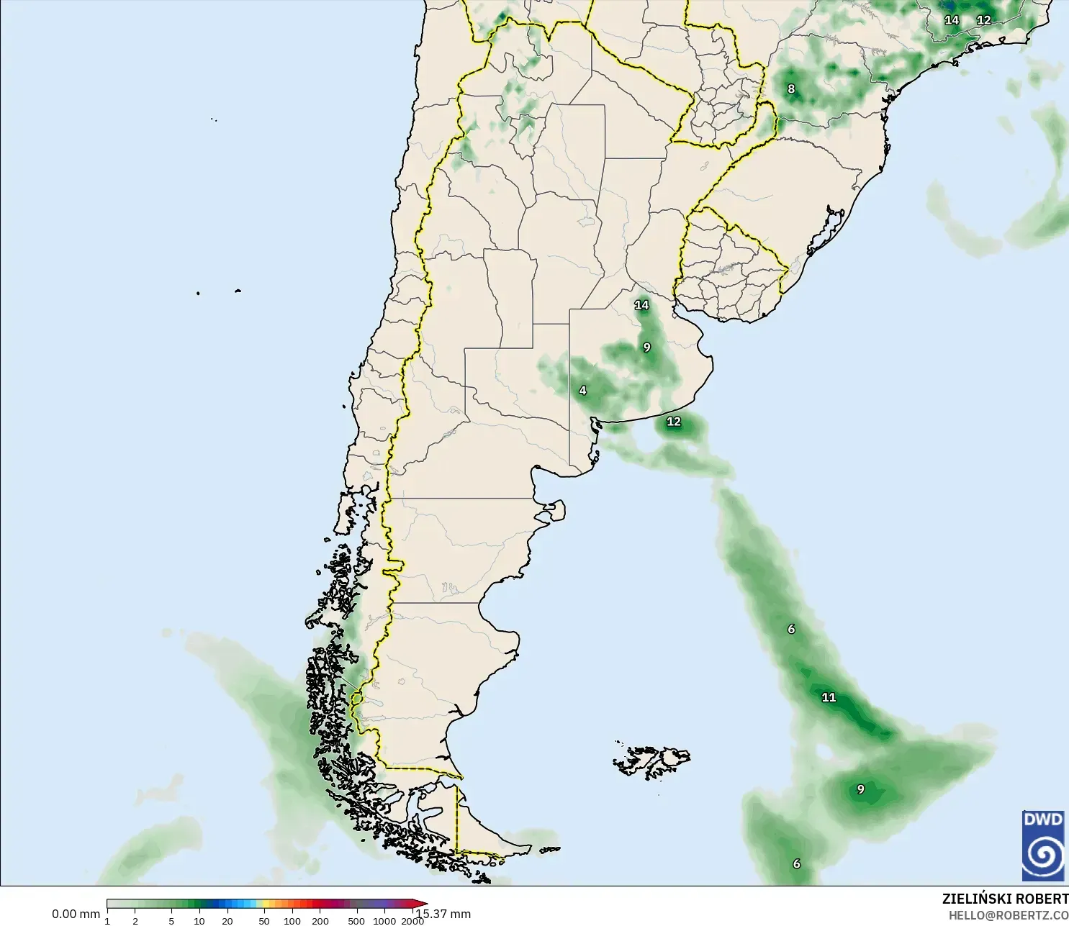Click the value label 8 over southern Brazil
pyautogui.click(x=791, y=89)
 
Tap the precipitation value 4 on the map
pyautogui.click(x=582, y=391)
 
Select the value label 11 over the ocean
pyautogui.click(x=829, y=697)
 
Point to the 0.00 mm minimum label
pyautogui.click(x=76, y=914)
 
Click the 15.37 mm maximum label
pyautogui.click(x=444, y=914)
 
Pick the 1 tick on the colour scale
pyautogui.click(x=107, y=920)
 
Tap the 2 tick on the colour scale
pyautogui.click(x=135, y=920)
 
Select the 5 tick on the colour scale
pyautogui.click(x=171, y=920)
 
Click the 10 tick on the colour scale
pyautogui.click(x=199, y=920)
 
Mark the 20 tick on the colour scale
pyautogui.click(x=227, y=920)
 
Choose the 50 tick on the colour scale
pyautogui.click(x=264, y=920)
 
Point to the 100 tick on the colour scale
pyautogui.click(x=292, y=920)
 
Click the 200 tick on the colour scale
pyautogui.click(x=320, y=920)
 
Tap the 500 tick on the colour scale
pyautogui.click(x=356, y=920)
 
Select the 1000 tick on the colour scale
pyautogui.click(x=384, y=920)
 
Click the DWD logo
pyautogui.click(x=1043, y=845)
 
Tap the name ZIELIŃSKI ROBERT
pyautogui.click(x=1005, y=899)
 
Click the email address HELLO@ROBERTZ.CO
pyautogui.click(x=1008, y=915)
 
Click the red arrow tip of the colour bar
pyautogui.click(x=423, y=904)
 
